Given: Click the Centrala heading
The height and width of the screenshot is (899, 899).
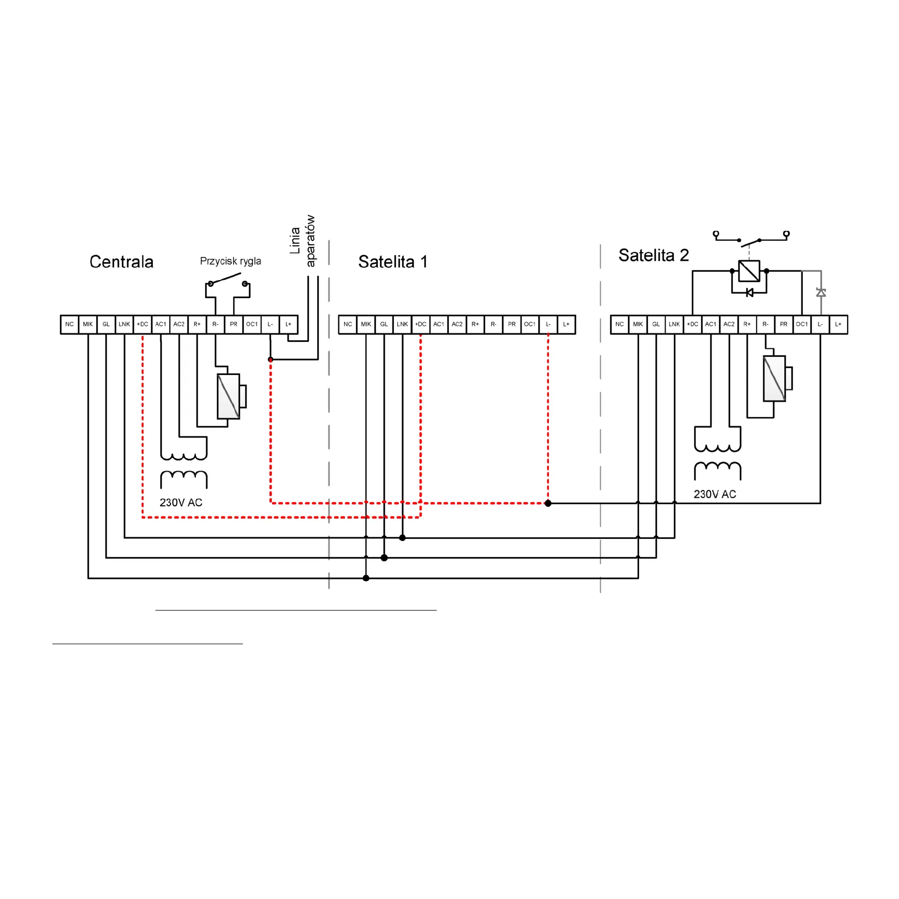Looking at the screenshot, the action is click(x=121, y=262).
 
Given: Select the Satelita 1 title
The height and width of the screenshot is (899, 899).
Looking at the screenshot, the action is click(x=393, y=262).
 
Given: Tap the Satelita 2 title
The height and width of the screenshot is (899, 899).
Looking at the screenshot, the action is click(x=653, y=255).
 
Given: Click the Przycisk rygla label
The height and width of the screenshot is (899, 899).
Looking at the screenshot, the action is click(x=231, y=261).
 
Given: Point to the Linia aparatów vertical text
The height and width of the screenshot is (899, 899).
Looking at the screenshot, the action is click(x=303, y=241).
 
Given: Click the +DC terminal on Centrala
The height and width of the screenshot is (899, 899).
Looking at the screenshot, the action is click(x=143, y=324).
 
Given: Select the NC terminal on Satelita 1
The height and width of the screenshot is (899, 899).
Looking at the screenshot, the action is click(x=348, y=324).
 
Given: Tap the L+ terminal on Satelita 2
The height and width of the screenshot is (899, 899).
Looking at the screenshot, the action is click(x=838, y=324).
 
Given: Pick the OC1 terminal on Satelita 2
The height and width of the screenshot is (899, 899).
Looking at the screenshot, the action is click(x=802, y=324).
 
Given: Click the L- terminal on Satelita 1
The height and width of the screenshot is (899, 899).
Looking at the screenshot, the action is click(x=548, y=324).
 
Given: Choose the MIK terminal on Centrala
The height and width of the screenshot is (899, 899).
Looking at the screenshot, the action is click(x=88, y=324).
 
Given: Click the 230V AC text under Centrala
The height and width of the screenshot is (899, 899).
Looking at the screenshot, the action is click(x=181, y=503).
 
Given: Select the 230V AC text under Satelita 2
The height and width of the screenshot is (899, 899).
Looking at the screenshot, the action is click(x=715, y=495).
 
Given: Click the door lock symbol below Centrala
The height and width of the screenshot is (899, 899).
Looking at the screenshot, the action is click(x=231, y=396).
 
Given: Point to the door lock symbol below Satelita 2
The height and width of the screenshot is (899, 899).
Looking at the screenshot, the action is click(x=777, y=378).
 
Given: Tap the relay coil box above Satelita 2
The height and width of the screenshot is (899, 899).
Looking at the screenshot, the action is click(x=749, y=271).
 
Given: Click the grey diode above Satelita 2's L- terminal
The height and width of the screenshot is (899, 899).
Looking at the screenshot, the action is click(x=821, y=292).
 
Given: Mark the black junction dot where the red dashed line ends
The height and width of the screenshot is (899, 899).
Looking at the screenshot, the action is click(x=548, y=503).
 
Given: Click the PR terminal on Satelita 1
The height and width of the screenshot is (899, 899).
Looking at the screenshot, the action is click(x=512, y=324).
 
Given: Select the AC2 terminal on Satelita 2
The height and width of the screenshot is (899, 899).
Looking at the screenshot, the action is click(x=729, y=324).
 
